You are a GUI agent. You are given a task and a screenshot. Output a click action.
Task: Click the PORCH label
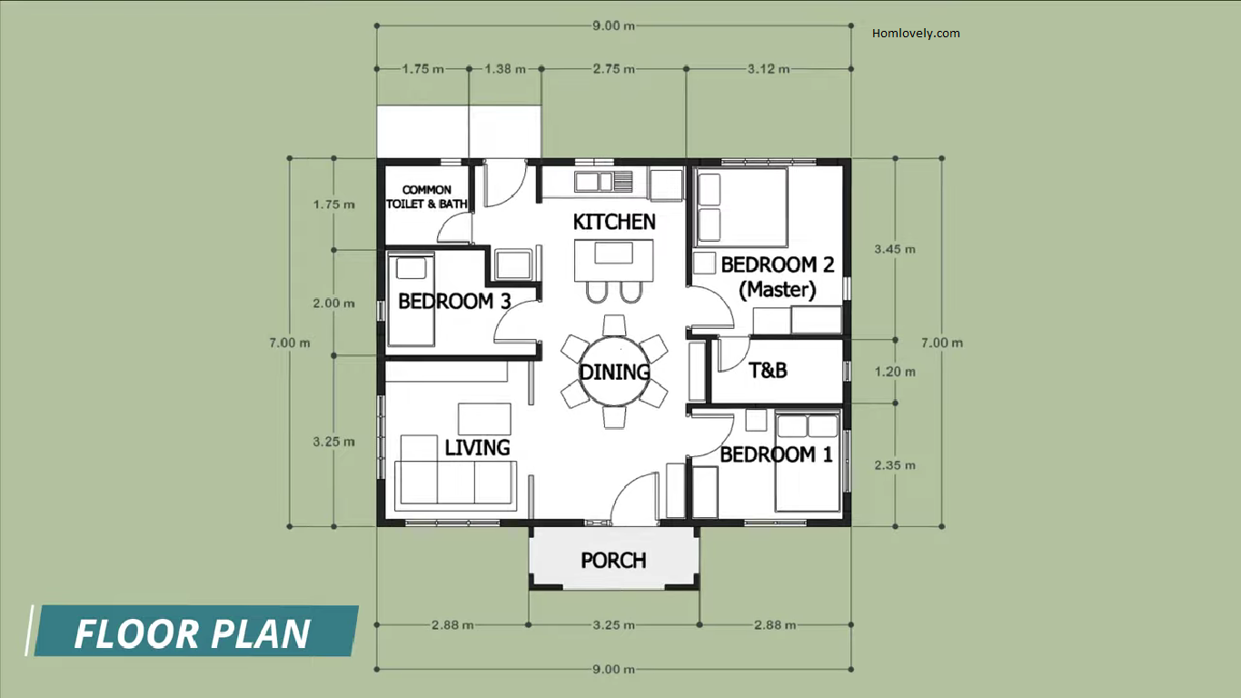pyautogui.click(x=613, y=561)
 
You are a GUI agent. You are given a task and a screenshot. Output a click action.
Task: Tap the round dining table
pyautogui.click(x=614, y=371)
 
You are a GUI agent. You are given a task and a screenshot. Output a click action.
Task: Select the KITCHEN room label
pyautogui.click(x=614, y=222)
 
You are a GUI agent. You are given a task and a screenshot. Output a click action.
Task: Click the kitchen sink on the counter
pyautogui.click(x=603, y=181)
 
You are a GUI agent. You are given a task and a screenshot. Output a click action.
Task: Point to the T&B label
pyautogui.click(x=768, y=370)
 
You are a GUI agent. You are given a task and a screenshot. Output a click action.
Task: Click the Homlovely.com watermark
pyautogui.click(x=916, y=34)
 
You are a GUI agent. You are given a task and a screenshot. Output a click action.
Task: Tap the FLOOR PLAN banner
pyautogui.click(x=192, y=632)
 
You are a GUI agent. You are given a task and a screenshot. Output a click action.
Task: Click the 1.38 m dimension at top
pyautogui.click(x=505, y=69)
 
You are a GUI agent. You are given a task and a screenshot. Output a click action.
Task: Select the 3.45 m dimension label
pyautogui.click(x=895, y=250)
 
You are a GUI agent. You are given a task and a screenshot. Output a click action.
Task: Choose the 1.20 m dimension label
pyautogui.click(x=895, y=372)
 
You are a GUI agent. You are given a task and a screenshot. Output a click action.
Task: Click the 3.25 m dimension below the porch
pyautogui.click(x=613, y=625)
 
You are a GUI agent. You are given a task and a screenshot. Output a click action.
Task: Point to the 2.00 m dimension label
pyautogui.click(x=333, y=304)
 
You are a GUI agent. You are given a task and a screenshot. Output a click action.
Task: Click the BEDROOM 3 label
pyautogui.click(x=454, y=302)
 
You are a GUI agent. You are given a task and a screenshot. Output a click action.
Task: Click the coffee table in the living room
pyautogui.click(x=484, y=419)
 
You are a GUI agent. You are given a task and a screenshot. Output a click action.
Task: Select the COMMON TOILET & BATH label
pyautogui.click(x=427, y=197)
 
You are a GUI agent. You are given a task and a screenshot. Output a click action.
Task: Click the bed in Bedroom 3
pyautogui.click(x=411, y=300)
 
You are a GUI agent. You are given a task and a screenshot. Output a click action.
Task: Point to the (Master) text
pyautogui.click(x=778, y=289)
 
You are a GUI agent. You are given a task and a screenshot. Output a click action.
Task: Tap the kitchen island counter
pyautogui.click(x=613, y=260)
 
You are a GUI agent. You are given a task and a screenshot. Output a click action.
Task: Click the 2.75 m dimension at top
pyautogui.click(x=614, y=69)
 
